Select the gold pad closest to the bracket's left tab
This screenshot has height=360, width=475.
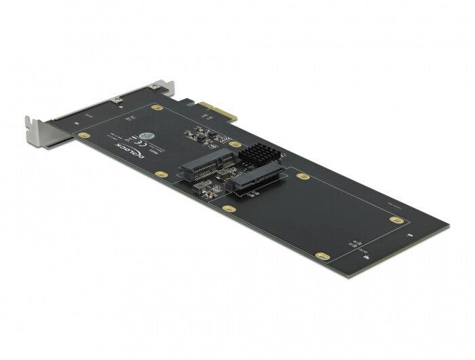[83, 135]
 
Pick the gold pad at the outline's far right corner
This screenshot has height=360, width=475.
[396, 219]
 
